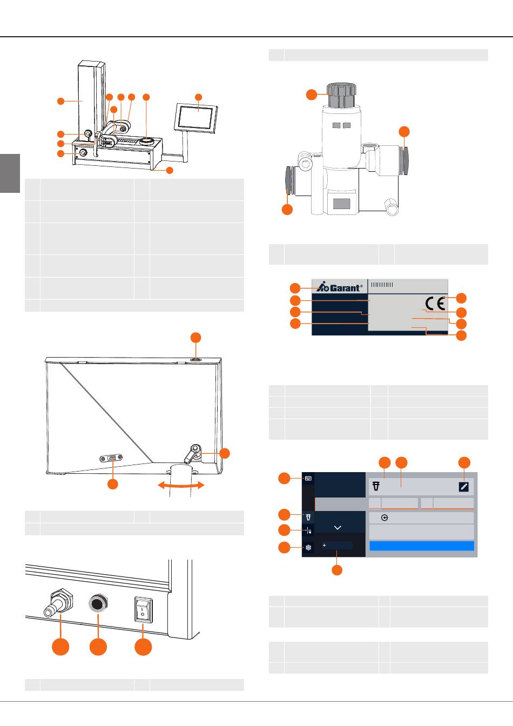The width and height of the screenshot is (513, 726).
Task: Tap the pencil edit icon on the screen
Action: click(x=463, y=487)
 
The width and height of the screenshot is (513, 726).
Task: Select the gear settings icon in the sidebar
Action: click(x=308, y=547)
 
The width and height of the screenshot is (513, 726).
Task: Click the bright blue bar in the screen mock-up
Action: click(x=421, y=546)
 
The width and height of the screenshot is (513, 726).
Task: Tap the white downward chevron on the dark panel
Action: click(x=338, y=527)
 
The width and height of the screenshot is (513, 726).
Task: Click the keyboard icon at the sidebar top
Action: click(x=308, y=478)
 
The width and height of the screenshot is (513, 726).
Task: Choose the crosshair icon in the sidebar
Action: click(x=308, y=530)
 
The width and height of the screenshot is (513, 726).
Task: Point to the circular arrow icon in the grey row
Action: click(x=384, y=517)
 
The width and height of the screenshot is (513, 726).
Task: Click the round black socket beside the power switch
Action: click(x=98, y=604)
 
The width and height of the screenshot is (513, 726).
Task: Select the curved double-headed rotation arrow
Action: click(x=181, y=486)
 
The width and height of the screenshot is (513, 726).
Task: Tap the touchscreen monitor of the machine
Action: click(x=197, y=117)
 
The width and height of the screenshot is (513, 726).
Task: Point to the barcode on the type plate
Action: click(x=383, y=285)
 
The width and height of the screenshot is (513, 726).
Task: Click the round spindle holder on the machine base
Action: click(x=146, y=141)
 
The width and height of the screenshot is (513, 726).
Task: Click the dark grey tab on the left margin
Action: click(x=10, y=173)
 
